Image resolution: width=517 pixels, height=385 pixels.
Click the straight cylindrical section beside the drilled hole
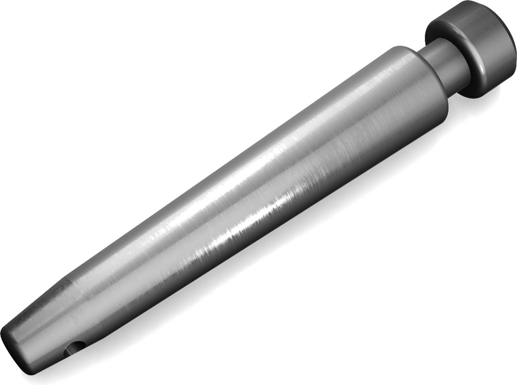[47, 341]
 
